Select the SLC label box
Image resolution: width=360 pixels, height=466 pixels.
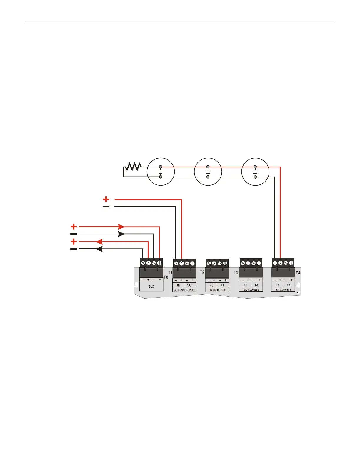[151, 287]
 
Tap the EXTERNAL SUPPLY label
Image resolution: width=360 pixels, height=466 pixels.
[184, 290]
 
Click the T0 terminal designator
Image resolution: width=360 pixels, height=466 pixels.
[166, 277]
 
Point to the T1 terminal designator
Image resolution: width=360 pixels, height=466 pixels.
[170, 272]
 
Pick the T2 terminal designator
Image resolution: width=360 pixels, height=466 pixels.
[202, 272]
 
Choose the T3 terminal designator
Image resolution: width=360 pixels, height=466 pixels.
[236, 272]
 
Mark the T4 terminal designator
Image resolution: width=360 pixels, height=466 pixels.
[298, 273]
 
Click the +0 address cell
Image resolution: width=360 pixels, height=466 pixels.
[211, 285]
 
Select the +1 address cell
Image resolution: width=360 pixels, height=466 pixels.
[222, 285]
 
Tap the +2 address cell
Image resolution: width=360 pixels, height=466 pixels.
[245, 285]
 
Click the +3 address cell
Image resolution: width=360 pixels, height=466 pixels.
[256, 285]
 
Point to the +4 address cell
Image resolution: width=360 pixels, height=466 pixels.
[277, 285]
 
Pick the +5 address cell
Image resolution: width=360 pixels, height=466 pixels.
[289, 285]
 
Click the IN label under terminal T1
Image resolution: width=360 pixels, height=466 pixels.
[179, 285]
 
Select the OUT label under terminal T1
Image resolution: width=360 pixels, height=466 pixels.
[190, 285]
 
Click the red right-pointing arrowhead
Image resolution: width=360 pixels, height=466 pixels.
[121, 227]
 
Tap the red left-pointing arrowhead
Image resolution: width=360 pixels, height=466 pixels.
[99, 242]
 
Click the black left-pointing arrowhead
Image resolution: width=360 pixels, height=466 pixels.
[99, 249]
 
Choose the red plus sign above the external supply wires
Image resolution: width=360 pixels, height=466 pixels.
[106, 199]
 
